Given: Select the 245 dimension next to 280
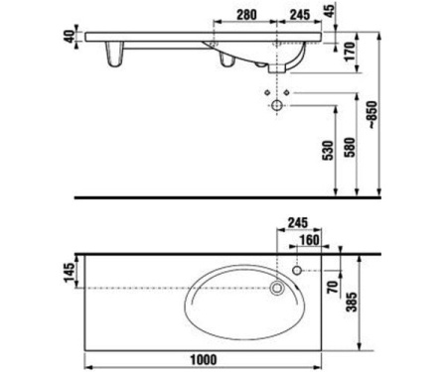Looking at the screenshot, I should pyautogui.click(x=295, y=15).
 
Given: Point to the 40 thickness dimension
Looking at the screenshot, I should pyautogui.click(x=68, y=37).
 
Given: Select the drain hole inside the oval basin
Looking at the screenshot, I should pyautogui.click(x=277, y=289).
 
